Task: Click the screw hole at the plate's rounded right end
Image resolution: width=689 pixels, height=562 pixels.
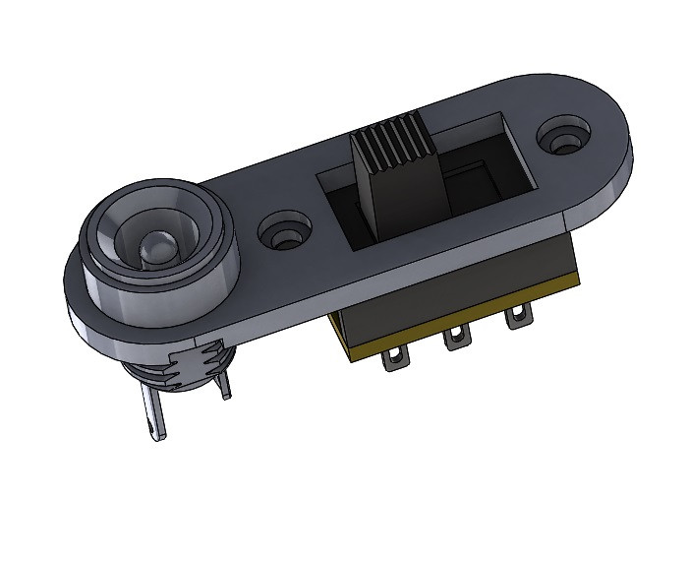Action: tap(565, 137)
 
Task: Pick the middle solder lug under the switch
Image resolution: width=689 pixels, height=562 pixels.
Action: tap(454, 341)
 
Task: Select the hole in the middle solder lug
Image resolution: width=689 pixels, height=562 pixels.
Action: tap(455, 342)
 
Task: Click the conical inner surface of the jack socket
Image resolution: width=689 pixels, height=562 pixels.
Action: tap(187, 236)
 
